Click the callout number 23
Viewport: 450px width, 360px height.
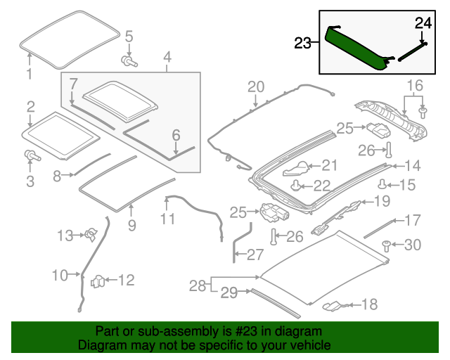coord(302,43)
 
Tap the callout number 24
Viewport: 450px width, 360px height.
coord(422,22)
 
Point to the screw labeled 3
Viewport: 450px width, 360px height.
coord(30,155)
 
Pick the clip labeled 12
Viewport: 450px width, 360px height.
coord(99,282)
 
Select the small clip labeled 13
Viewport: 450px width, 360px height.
coord(91,236)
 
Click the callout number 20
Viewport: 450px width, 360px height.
coord(255,86)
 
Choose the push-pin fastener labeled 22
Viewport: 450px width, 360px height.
coord(297,186)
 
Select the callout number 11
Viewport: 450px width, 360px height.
coord(167,219)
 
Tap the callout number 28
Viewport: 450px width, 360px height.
coord(198,285)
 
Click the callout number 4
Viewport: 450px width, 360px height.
coord(167,56)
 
